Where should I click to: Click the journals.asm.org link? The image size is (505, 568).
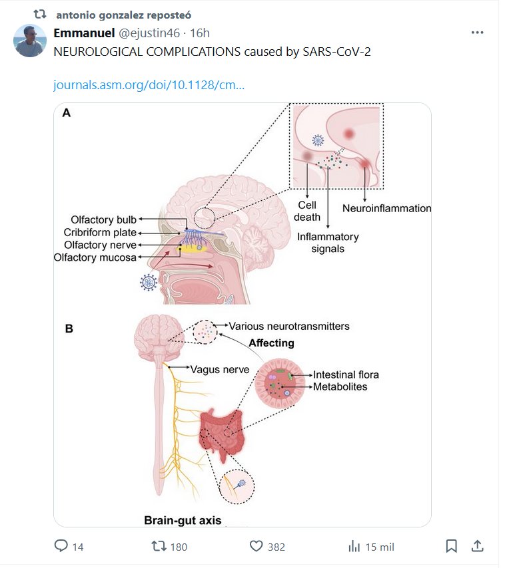(x=148, y=86)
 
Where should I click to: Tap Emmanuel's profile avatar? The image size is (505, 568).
(x=30, y=41)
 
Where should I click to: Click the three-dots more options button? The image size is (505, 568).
(x=477, y=33)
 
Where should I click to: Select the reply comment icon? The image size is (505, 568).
(x=61, y=546)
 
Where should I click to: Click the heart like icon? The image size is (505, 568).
(x=256, y=546)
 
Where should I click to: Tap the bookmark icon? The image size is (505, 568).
(x=451, y=546)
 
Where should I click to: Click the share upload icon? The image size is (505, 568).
(x=477, y=546)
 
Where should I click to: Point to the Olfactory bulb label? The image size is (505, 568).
(x=105, y=220)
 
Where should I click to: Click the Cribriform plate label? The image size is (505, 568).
(x=100, y=233)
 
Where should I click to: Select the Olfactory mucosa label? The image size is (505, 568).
(x=95, y=257)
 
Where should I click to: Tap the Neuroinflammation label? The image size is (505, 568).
(x=386, y=208)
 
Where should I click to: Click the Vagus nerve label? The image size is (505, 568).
(x=220, y=369)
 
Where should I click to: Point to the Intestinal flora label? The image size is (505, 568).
(x=346, y=375)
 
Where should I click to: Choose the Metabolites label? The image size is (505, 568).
(x=340, y=386)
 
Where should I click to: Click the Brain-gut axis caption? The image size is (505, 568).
(x=183, y=520)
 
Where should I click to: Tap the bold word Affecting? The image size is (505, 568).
(x=271, y=343)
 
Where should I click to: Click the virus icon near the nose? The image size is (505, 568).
(x=149, y=282)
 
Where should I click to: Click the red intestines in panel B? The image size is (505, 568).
(x=225, y=432)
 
